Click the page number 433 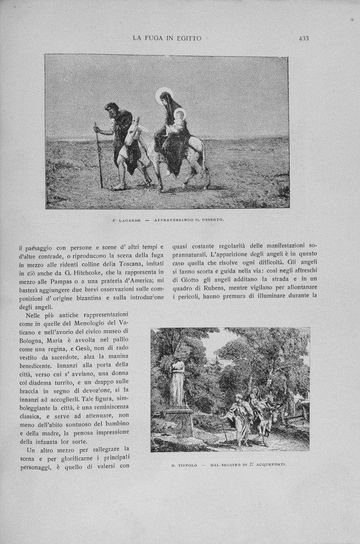tap(303, 38)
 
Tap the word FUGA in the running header tap(156, 38)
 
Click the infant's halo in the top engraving tap(179, 114)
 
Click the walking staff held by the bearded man tap(99, 158)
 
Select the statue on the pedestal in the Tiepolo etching tap(177, 384)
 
